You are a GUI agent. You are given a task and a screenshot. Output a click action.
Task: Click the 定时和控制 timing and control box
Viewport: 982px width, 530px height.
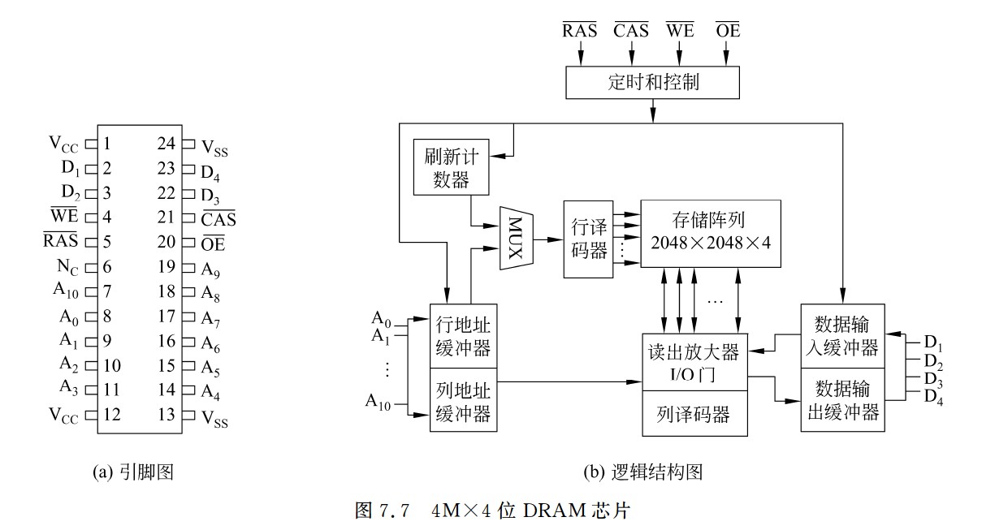pos(652,82)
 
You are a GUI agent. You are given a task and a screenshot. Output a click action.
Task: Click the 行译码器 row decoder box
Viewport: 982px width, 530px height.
pos(588,239)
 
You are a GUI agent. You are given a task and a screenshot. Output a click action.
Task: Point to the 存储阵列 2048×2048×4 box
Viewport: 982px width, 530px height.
pos(710,233)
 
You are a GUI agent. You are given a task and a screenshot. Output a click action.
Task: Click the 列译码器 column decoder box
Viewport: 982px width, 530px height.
pos(692,415)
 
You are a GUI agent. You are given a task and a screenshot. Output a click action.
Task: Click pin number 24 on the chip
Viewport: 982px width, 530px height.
pos(166,144)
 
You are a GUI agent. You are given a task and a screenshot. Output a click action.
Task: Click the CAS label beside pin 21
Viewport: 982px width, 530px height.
pos(218,218)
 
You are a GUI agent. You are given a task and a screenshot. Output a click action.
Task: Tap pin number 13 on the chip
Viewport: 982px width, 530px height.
pos(166,415)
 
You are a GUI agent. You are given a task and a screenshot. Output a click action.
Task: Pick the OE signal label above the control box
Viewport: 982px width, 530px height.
pos(728,32)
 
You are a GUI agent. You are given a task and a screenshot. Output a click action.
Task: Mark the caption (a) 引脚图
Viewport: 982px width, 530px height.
pos(134,472)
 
